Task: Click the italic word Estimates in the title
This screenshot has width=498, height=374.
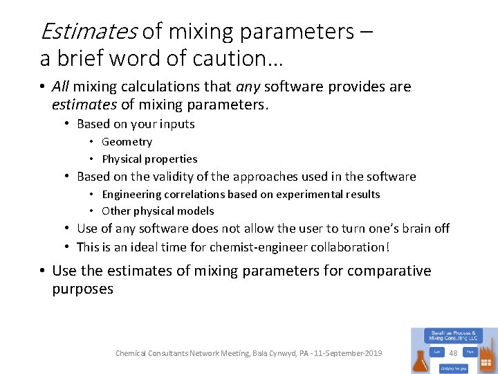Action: tap(89, 31)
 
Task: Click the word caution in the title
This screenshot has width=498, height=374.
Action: tap(232, 58)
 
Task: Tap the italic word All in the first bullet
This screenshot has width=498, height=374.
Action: tap(61, 87)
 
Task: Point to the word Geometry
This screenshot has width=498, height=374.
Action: tap(127, 141)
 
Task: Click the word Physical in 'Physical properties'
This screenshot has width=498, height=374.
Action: tap(122, 159)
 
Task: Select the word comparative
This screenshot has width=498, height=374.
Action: tap(389, 271)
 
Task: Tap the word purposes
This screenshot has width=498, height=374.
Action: tap(82, 289)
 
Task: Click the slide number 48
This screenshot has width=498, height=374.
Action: tap(453, 353)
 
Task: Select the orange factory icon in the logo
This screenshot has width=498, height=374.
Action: tap(487, 357)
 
